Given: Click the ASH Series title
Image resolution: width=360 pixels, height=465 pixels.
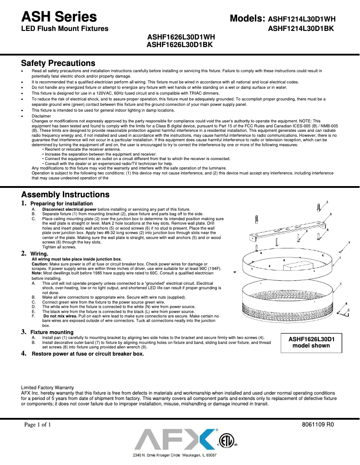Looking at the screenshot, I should tap(59, 17).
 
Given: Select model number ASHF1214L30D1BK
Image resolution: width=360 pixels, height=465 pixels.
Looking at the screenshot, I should tap(301, 29).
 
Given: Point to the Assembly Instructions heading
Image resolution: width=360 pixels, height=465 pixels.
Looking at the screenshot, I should tap(65, 195).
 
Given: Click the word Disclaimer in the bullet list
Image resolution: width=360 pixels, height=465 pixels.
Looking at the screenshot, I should tap(41, 116).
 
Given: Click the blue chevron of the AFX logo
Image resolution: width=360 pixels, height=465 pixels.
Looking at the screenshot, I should tap(206, 439).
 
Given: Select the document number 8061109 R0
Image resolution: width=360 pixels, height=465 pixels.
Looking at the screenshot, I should tap(319, 424).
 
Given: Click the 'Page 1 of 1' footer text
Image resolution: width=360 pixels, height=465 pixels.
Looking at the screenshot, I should tap(41, 424).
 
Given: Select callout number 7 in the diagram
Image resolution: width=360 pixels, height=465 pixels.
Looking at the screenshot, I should tap(341, 284).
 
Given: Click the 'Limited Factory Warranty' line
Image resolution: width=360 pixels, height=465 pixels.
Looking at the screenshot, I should tap(48, 387).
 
